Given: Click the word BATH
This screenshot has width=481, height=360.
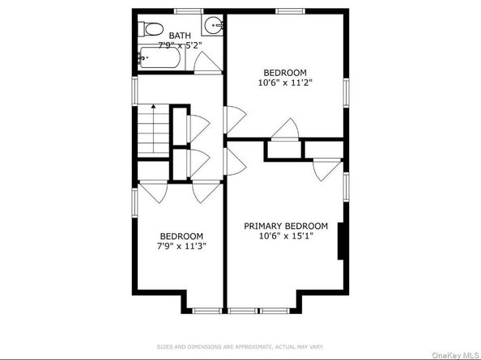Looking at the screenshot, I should [x=181, y=36].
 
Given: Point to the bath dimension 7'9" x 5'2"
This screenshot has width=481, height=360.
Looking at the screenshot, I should [x=180, y=46].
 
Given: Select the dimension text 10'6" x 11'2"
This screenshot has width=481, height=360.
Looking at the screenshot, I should [x=284, y=82].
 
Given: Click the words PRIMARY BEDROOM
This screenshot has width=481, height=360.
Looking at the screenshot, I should [x=286, y=226].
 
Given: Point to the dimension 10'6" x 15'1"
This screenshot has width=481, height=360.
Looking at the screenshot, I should [x=286, y=236].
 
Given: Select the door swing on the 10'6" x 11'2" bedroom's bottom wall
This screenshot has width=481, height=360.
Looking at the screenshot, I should [x=286, y=129].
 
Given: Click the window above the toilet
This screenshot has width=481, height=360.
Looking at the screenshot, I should [x=188, y=11].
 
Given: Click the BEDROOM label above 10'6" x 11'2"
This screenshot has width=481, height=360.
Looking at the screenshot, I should [x=284, y=70].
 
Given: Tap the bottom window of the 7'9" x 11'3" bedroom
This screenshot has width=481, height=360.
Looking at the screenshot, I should [x=206, y=310].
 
